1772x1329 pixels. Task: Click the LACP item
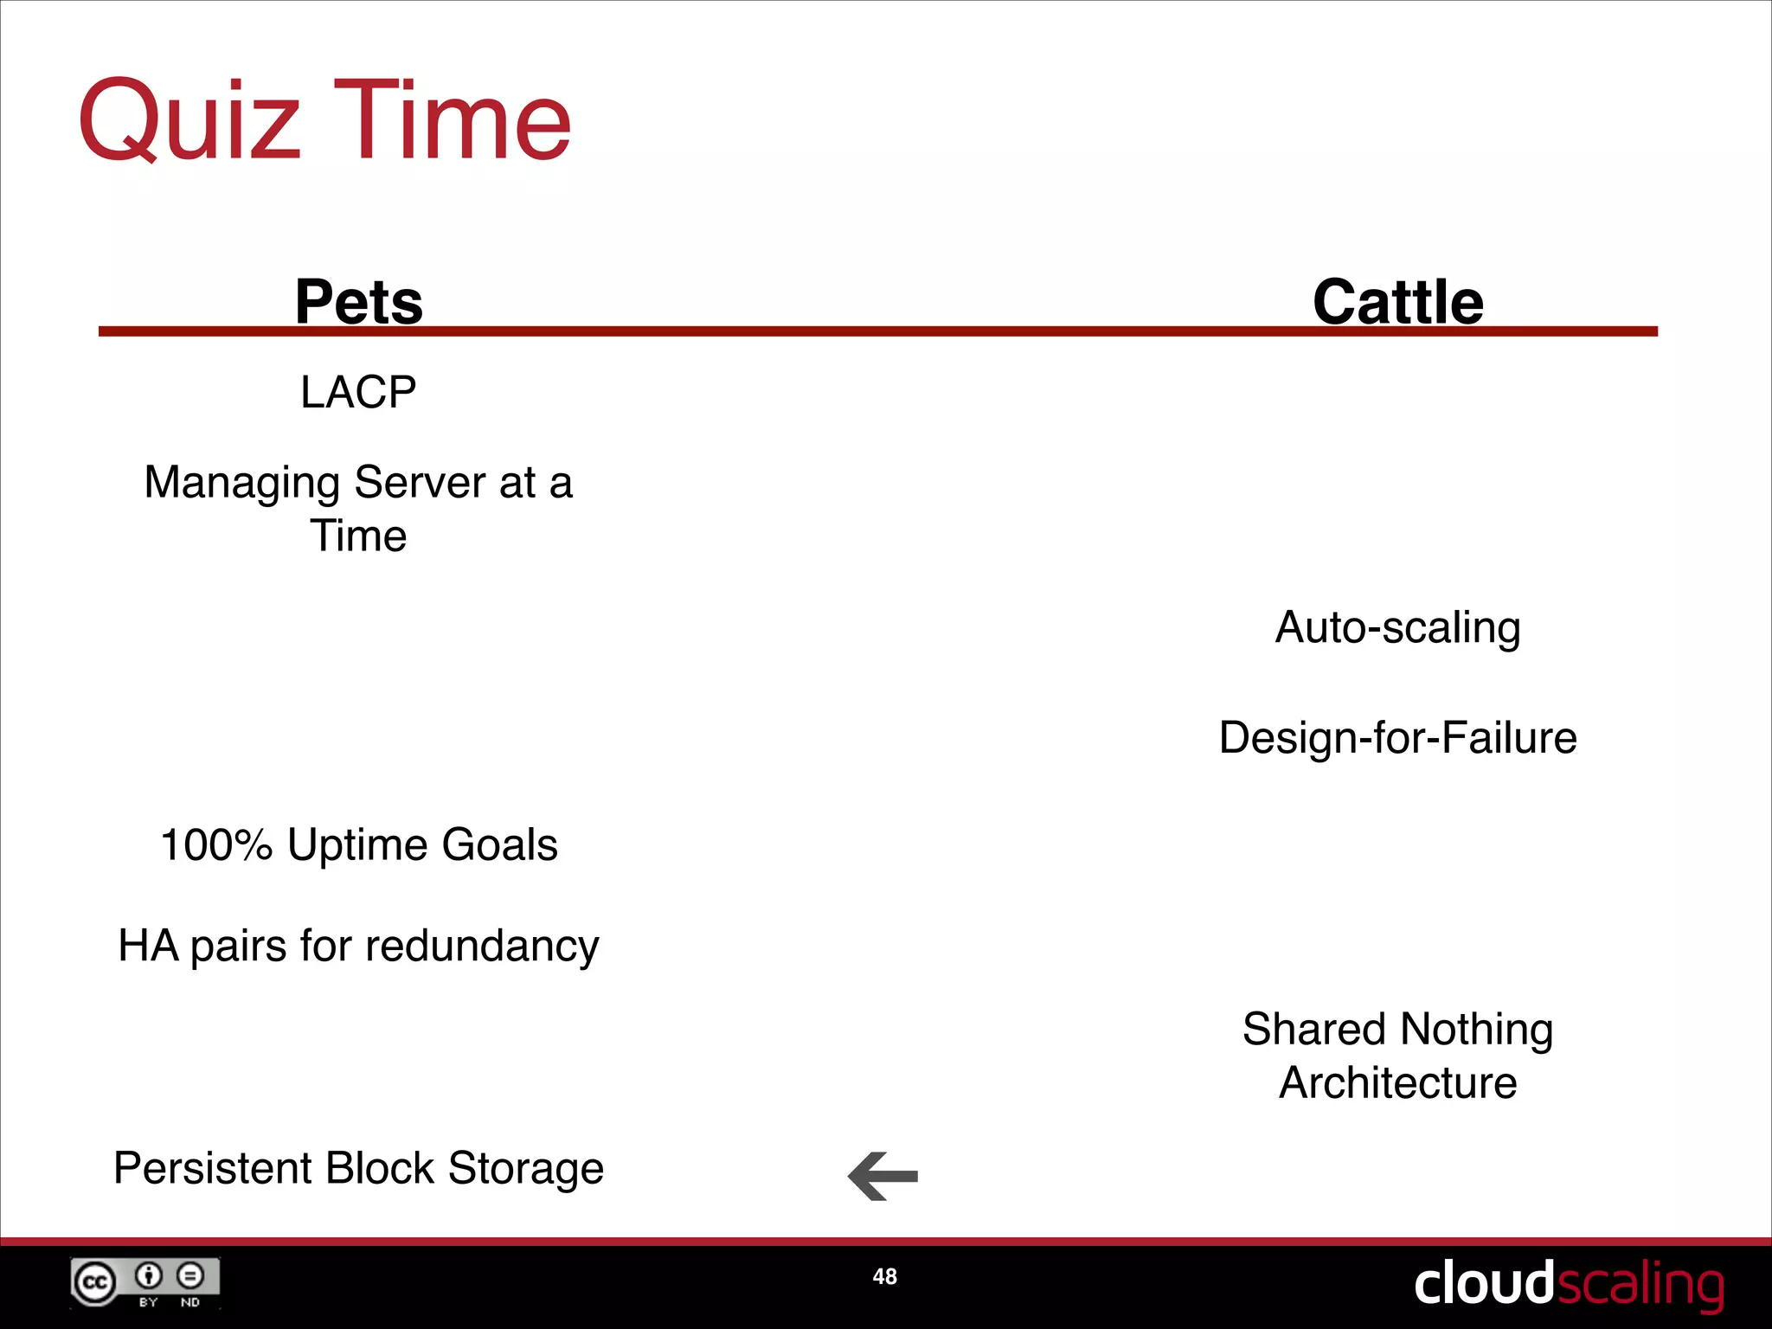point(358,392)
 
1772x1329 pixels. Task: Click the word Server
point(419,483)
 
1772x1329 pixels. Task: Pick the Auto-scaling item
point(1397,627)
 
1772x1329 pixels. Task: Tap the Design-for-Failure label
point(1397,738)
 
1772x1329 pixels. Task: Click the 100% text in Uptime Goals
point(216,844)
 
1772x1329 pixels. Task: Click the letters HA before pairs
point(148,945)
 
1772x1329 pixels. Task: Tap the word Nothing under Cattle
point(1476,1030)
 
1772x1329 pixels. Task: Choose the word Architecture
point(1397,1083)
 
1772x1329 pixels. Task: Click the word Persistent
point(212,1168)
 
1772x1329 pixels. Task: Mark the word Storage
point(525,1170)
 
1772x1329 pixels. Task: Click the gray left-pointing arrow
point(883,1176)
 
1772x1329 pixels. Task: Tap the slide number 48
point(884,1276)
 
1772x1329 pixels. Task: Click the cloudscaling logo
point(1567,1284)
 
